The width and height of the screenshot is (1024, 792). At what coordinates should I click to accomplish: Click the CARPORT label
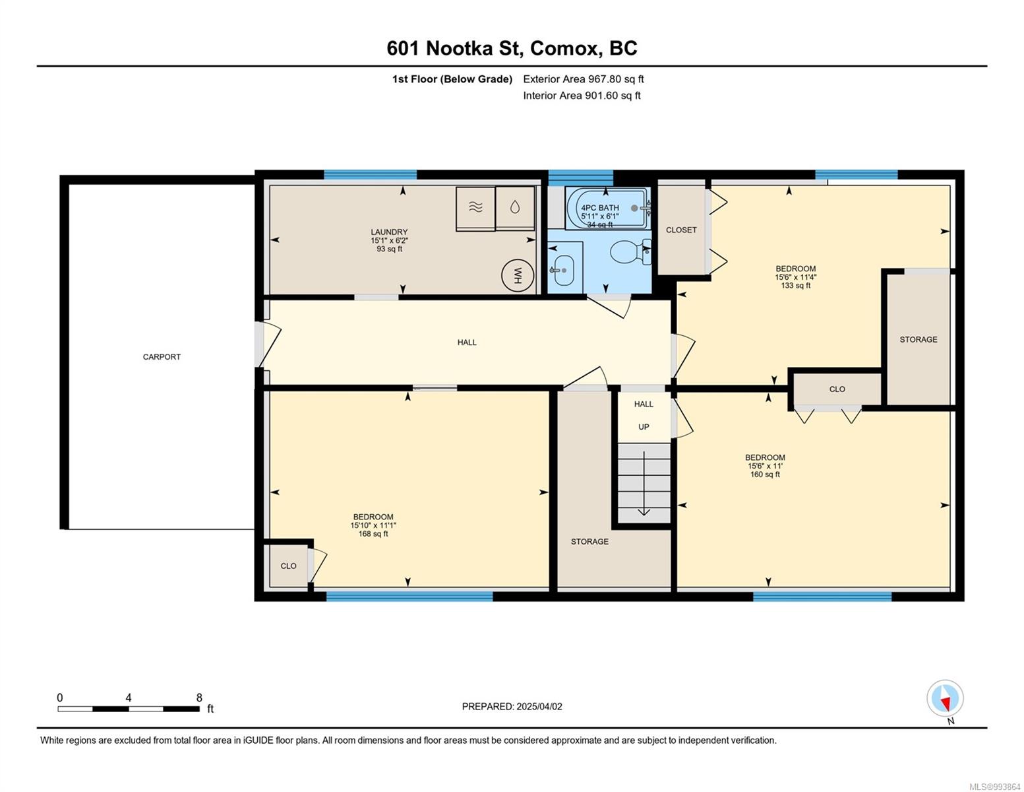(x=162, y=356)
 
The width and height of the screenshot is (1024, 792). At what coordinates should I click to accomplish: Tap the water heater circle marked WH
(x=517, y=275)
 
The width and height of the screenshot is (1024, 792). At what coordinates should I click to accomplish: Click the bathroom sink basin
(x=564, y=271)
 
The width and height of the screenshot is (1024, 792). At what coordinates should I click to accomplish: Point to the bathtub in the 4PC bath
(x=608, y=208)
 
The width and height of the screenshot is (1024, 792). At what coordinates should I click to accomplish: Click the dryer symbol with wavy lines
(x=475, y=209)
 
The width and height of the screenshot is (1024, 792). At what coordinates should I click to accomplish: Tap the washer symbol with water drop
(x=515, y=208)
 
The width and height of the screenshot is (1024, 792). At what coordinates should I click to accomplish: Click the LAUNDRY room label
(x=389, y=232)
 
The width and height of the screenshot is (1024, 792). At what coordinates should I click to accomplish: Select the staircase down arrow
(x=644, y=483)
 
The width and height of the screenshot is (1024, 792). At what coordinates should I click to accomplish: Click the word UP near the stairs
(x=644, y=427)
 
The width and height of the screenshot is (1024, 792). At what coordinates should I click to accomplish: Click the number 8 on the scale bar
(x=199, y=698)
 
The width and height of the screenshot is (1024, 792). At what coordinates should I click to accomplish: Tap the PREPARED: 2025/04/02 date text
(x=512, y=707)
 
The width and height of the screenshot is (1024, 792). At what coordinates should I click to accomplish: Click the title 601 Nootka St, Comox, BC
(x=512, y=48)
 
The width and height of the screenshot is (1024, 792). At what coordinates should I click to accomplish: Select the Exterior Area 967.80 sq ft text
(x=584, y=79)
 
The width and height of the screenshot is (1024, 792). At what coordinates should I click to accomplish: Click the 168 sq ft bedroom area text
(x=373, y=533)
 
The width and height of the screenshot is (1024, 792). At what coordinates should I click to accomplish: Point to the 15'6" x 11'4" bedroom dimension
(x=795, y=277)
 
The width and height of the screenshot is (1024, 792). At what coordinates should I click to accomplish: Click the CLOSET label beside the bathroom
(x=681, y=230)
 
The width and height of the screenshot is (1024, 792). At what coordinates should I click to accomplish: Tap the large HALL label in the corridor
(x=467, y=342)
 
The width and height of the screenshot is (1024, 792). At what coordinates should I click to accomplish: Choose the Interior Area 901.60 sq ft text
(x=582, y=96)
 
